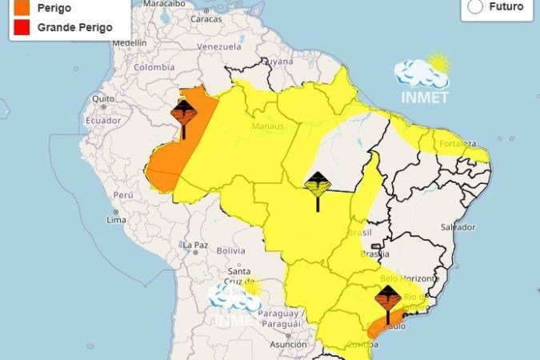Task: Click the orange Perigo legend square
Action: [x=17, y=8]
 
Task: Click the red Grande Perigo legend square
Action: [x=17, y=26]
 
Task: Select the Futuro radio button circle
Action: [x=475, y=6]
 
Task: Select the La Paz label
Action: [x=195, y=245]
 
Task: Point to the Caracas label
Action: [x=206, y=18]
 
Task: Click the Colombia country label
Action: [x=154, y=67]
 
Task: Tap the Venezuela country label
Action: [x=218, y=46]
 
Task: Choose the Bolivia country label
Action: [x=230, y=250]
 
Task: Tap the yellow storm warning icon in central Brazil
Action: [x=318, y=187]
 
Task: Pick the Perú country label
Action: [x=122, y=194]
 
